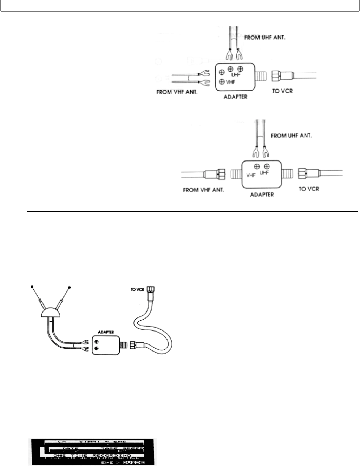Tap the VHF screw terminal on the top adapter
coord(222,82)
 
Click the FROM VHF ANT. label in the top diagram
coord(177,93)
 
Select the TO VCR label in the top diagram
coord(282,91)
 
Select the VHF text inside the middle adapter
coord(251,175)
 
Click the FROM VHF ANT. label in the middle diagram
coord(204,190)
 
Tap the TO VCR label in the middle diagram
coord(309,189)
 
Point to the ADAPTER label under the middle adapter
coord(262,194)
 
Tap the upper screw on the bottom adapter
coord(97,341)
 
